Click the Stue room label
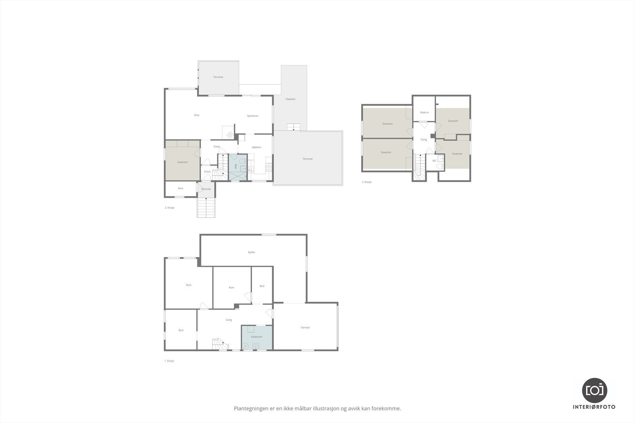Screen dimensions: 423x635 (196, 115)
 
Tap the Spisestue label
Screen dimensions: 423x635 (252, 116)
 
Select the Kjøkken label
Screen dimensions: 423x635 (256, 147)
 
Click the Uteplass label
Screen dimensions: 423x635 (291, 99)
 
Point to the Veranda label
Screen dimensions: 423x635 (206, 189)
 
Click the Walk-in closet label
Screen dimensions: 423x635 (424, 113)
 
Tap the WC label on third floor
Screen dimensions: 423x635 (434, 161)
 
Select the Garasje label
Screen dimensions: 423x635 (305, 327)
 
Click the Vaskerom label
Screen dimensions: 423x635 (256, 337)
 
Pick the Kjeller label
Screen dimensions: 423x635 (251, 252)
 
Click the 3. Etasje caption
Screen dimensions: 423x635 (367, 182)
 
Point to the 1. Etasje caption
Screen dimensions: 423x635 (169, 361)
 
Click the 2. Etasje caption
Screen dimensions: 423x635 (169, 208)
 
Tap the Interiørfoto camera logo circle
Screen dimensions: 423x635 (594, 390)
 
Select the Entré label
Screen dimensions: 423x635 (207, 172)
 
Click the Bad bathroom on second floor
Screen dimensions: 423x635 (237, 167)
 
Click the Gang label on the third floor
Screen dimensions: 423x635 (423, 140)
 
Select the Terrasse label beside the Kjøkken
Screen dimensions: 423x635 (308, 159)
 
